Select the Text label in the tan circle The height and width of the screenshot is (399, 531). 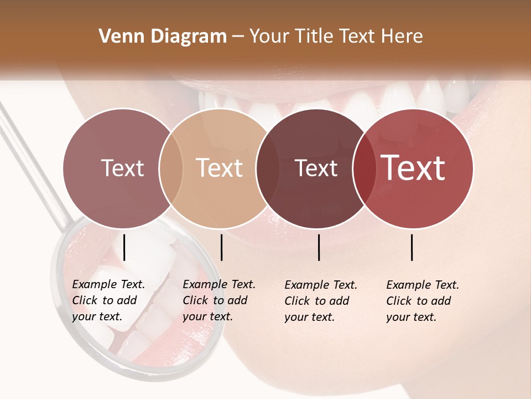(220, 168)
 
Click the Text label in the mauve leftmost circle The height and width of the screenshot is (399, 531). (122, 168)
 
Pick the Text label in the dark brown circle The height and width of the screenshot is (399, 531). (316, 168)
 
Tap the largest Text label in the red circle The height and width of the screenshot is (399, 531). (413, 168)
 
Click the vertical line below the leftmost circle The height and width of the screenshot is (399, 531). (124, 247)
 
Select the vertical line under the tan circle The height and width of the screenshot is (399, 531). (221, 247)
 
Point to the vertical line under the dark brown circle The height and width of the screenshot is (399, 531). (319, 247)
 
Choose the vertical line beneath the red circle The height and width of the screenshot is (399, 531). (412, 247)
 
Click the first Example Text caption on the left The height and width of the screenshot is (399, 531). (108, 300)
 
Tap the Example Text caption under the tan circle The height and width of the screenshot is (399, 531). (218, 300)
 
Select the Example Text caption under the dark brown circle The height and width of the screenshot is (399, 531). (321, 301)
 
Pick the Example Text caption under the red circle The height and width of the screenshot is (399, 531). (422, 301)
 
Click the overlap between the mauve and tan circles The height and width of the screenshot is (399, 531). (171, 168)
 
